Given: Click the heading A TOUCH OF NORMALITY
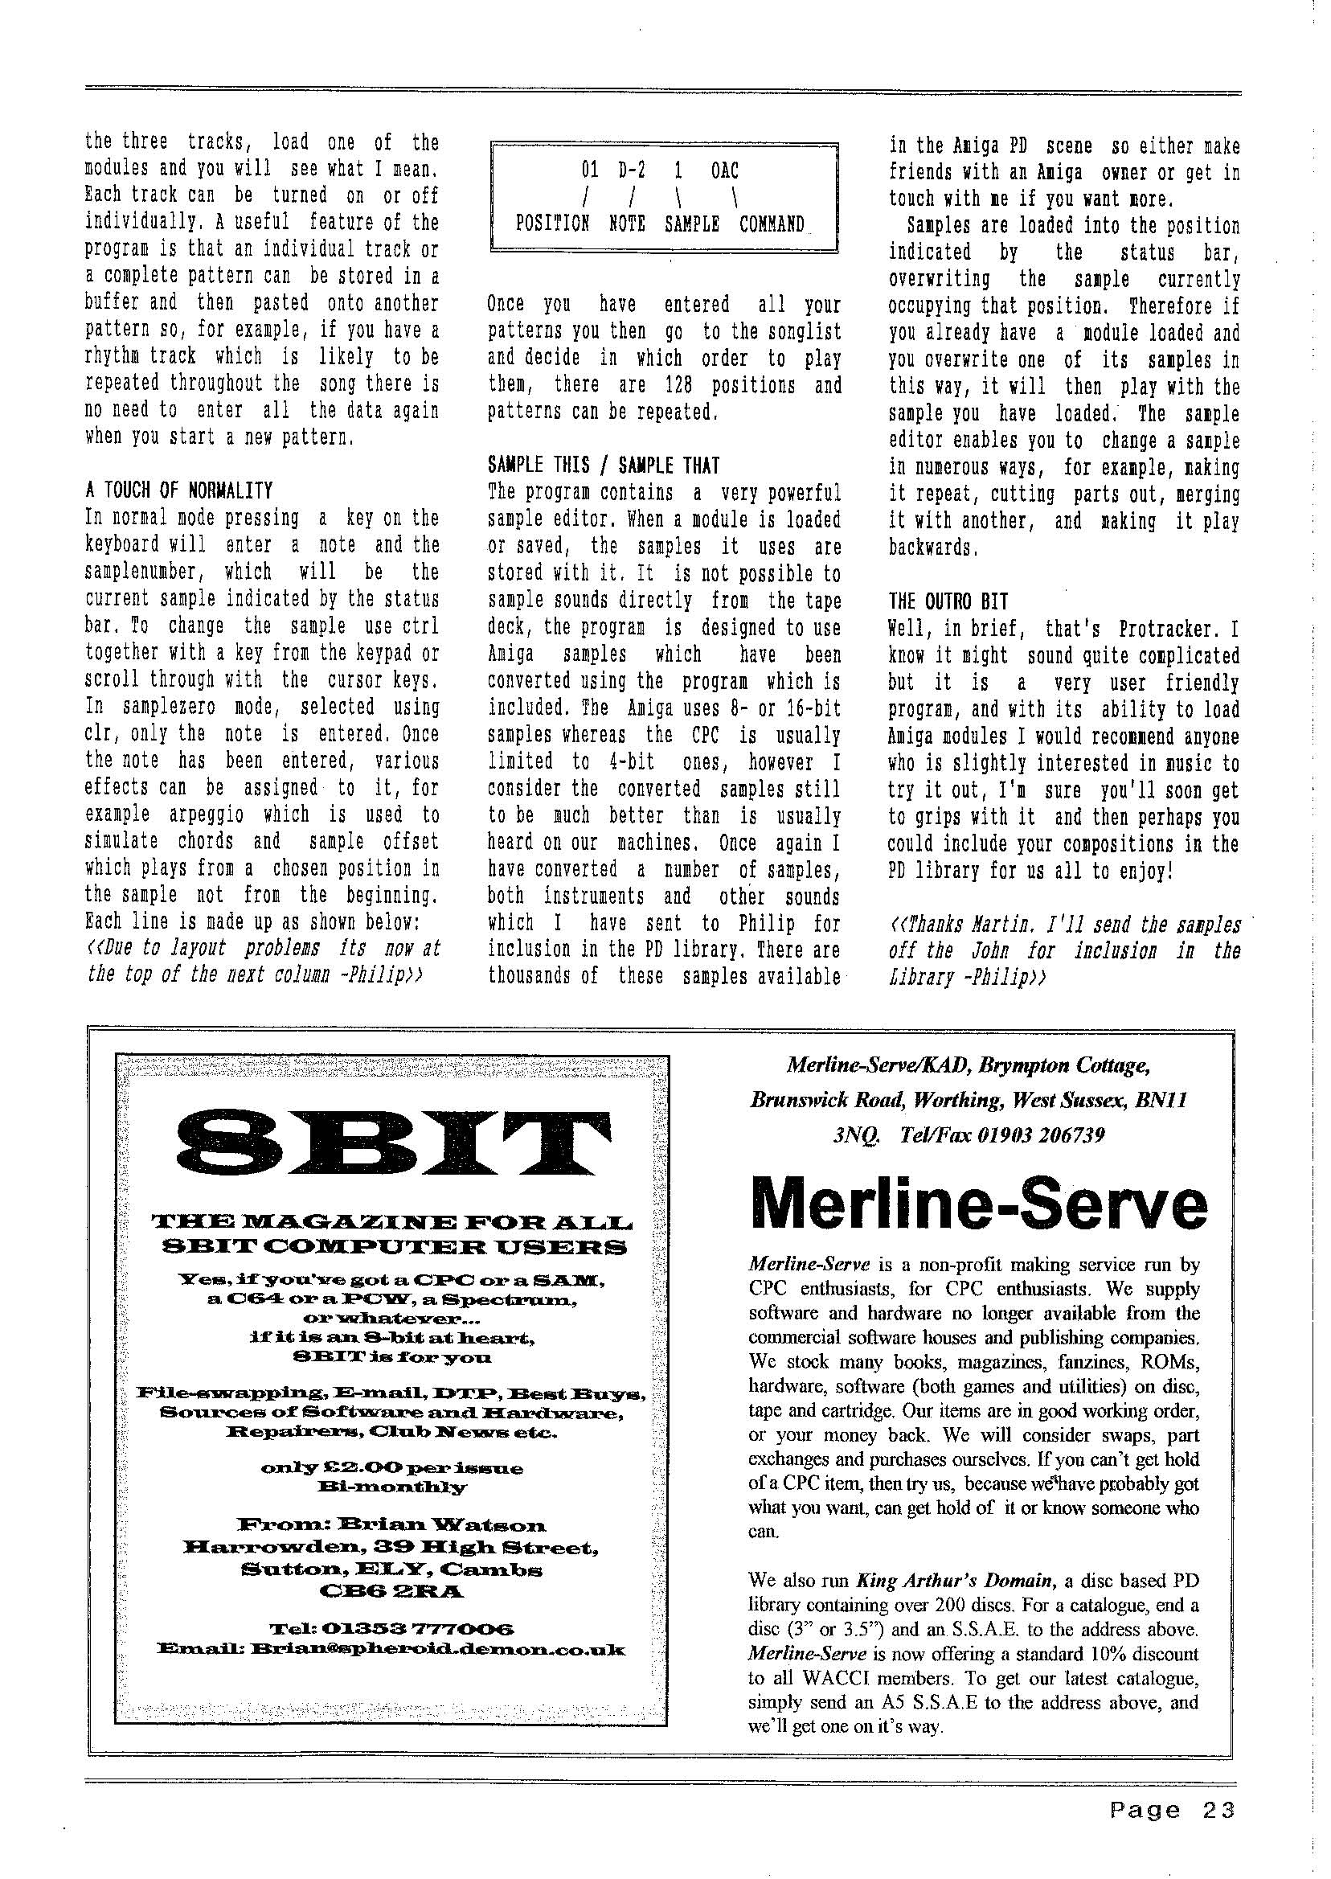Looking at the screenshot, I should click(x=178, y=490).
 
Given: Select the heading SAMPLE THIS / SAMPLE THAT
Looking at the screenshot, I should click(x=604, y=465).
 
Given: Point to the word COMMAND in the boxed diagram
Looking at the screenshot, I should click(x=772, y=224).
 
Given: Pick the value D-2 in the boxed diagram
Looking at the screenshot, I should click(x=631, y=170).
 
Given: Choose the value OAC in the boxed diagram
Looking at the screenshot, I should click(x=724, y=170).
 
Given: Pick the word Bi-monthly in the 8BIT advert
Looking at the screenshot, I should click(x=392, y=1487).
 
